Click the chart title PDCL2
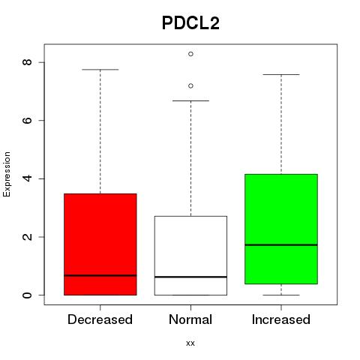tap(190, 23)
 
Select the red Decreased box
tap(100, 244)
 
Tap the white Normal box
tap(190, 256)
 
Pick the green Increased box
tap(281, 229)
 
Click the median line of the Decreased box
tap(100, 275)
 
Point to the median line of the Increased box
tap(281, 244)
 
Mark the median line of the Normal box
tap(190, 277)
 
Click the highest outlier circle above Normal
tap(190, 54)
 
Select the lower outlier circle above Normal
tap(190, 85)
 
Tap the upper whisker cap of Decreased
tap(100, 70)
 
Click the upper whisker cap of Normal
tap(190, 100)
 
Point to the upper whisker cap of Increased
tap(281, 74)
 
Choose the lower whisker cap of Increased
tap(281, 295)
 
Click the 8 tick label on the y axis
tap(27, 62)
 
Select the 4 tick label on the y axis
tap(27, 178)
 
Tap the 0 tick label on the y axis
tap(27, 295)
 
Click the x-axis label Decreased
tap(100, 319)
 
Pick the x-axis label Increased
tap(281, 319)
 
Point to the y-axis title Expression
tap(7, 174)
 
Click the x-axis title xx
tap(190, 343)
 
